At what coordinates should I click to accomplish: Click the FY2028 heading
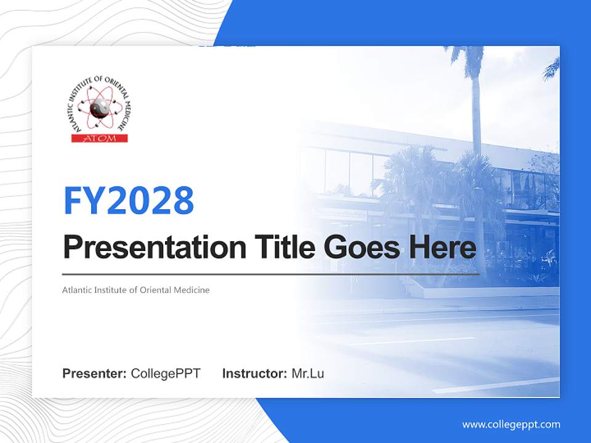[129, 201]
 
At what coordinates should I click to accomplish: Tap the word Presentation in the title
[155, 247]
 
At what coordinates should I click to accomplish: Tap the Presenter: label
[94, 373]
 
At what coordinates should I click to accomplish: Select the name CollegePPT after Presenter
[166, 373]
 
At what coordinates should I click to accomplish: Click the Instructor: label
[255, 373]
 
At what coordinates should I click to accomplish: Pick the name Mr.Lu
[308, 373]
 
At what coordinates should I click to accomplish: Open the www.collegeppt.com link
[511, 425]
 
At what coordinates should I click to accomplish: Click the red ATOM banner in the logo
[100, 138]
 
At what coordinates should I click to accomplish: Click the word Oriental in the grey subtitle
[156, 290]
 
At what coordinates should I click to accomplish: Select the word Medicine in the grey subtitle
[191, 290]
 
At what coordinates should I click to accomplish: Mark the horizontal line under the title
[271, 274]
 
